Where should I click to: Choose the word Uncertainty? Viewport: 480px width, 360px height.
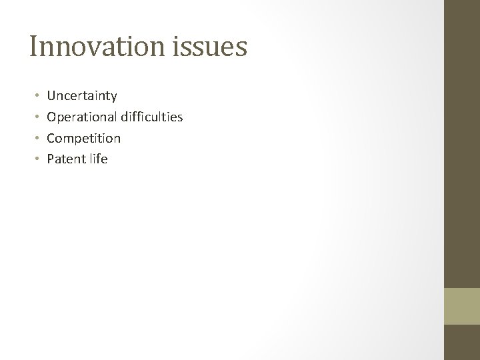point(82,97)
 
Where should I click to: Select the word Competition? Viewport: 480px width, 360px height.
point(84,139)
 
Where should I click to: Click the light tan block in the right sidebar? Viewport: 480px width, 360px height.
point(462,306)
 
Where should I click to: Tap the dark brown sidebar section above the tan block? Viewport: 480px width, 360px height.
point(462,143)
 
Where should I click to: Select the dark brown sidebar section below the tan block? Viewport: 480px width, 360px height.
point(462,342)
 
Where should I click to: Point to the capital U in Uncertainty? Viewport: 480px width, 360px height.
point(51,97)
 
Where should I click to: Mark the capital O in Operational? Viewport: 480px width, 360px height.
point(51,117)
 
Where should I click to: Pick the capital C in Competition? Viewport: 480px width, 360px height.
point(51,139)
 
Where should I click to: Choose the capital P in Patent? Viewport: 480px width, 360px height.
point(50,159)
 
